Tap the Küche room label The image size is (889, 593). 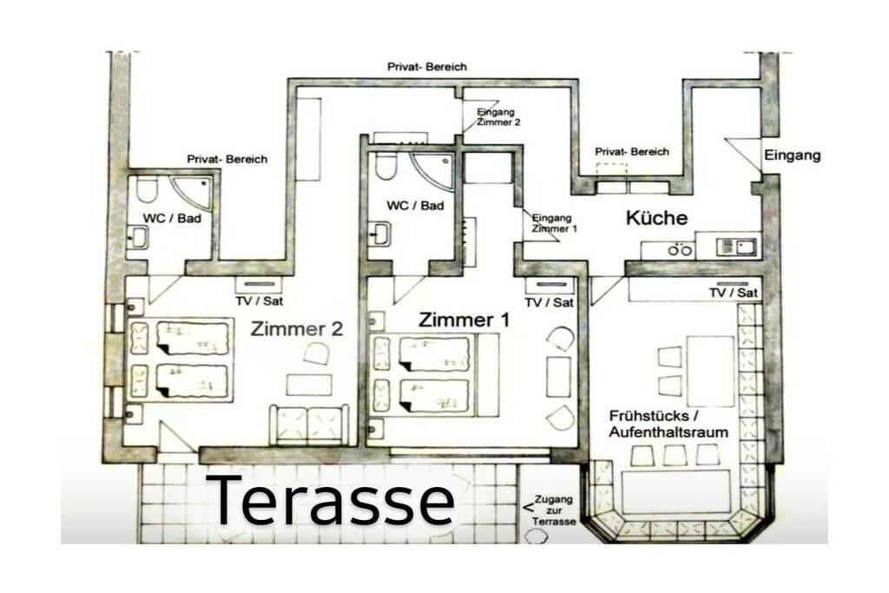656,218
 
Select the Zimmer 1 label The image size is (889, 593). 464,320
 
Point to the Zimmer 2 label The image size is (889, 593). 297,329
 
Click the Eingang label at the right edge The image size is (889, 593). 792,155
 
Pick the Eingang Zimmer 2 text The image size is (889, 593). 497,117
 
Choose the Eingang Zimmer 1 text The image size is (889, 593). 554,223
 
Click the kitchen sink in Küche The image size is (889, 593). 736,247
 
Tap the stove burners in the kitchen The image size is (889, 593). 680,249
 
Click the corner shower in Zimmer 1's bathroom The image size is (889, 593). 433,170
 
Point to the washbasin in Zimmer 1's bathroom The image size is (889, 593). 380,234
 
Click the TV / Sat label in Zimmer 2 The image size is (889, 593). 259,300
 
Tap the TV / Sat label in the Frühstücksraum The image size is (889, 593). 733,293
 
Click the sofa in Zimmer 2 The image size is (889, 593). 308,425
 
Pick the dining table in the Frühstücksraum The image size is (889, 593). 710,372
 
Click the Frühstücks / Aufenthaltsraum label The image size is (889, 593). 668,424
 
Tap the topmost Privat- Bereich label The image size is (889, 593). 427,66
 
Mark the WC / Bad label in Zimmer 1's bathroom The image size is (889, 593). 415,205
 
